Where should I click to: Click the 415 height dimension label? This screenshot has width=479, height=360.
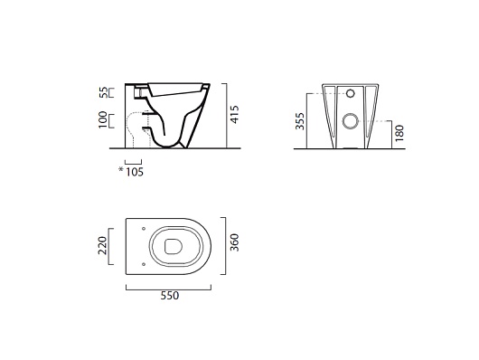tap(235, 115)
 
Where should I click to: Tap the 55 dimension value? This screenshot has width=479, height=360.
tap(104, 92)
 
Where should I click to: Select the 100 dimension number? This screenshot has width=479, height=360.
tap(103, 119)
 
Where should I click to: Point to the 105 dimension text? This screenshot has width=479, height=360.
tap(135, 172)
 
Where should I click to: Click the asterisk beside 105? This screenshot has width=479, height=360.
tap(121, 169)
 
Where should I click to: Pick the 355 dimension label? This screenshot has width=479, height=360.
tap(300, 121)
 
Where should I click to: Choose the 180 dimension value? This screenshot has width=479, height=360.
tap(399, 133)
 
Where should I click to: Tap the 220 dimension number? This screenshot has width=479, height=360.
tap(102, 246)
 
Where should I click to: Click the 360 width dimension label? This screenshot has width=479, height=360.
tap(234, 242)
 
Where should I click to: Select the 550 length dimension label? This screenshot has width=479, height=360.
tap(170, 296)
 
